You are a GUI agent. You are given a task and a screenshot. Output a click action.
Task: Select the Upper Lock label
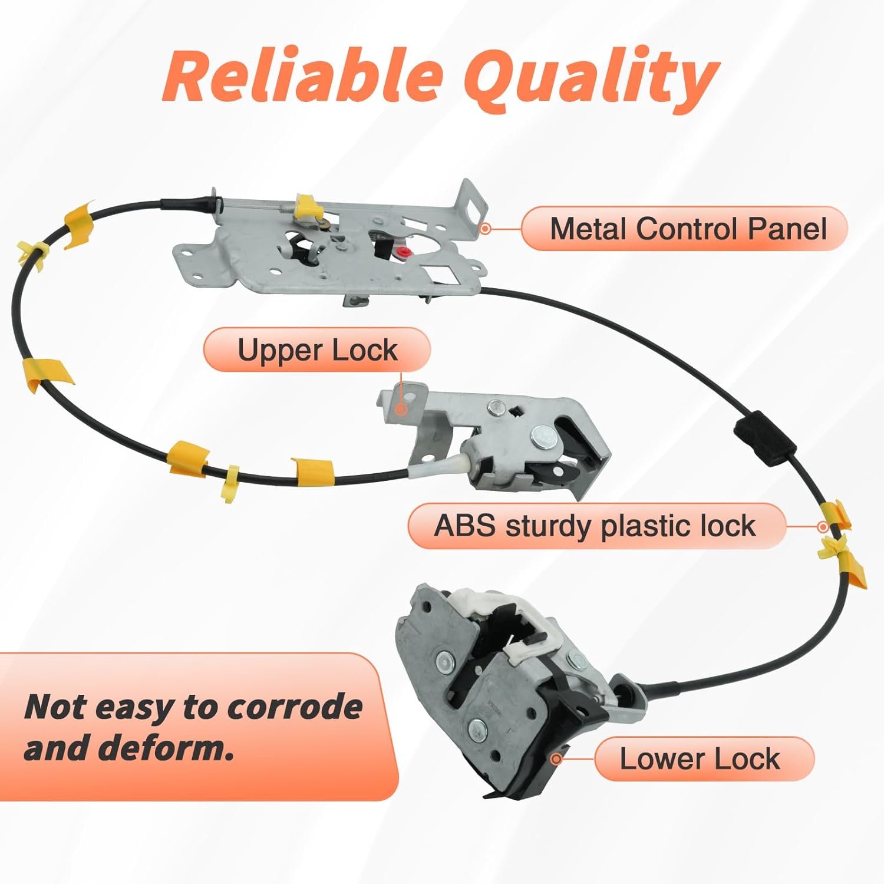(x=317, y=350)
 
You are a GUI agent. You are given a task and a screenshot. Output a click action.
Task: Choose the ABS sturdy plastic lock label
(x=595, y=526)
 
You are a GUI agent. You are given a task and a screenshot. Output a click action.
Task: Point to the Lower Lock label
(x=700, y=758)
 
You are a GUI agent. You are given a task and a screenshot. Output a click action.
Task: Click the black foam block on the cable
(x=764, y=442)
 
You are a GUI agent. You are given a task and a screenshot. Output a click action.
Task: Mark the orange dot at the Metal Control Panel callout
(x=485, y=228)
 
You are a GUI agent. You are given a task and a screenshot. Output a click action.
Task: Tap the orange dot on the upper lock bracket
(x=401, y=408)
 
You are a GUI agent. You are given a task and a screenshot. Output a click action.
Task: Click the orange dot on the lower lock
(x=556, y=758)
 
